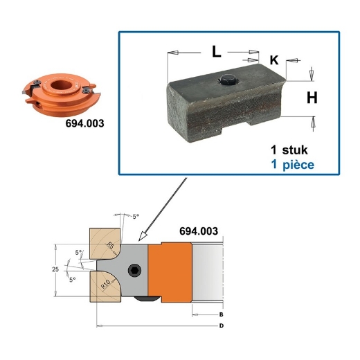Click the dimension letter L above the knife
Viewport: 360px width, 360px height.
click(x=217, y=51)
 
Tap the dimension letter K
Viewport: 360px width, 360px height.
click(x=273, y=60)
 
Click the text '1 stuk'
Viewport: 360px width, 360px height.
click(x=293, y=150)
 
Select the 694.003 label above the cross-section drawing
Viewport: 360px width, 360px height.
click(x=198, y=231)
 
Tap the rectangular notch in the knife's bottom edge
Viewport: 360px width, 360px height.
click(x=235, y=129)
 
